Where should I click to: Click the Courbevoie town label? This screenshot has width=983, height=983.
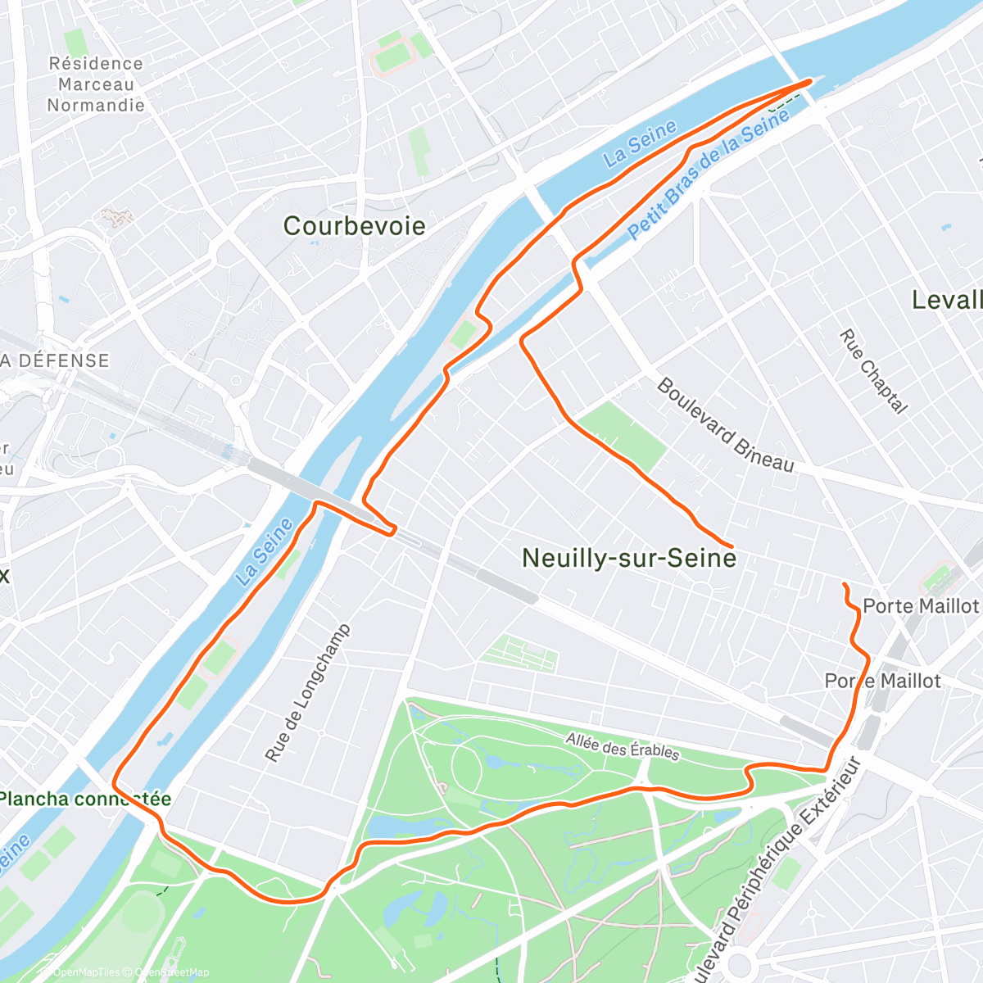tap(354, 226)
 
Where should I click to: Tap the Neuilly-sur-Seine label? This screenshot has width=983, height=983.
tap(628, 558)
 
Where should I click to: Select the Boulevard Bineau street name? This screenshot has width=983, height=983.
tap(725, 425)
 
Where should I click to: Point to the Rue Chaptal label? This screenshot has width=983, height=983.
tap(873, 371)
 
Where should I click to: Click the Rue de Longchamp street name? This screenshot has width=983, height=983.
tap(307, 693)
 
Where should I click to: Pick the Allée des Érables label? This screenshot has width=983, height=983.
tap(623, 746)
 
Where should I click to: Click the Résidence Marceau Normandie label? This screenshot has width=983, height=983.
tap(96, 84)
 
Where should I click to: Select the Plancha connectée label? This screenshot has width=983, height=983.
tap(84, 799)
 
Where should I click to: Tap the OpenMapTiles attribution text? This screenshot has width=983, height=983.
tap(86, 972)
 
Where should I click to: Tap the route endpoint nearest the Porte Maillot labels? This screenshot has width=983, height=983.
tap(844, 584)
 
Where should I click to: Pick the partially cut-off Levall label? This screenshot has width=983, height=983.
tap(947, 300)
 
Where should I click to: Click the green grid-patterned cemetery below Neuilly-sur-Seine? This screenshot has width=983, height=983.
tap(520, 654)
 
